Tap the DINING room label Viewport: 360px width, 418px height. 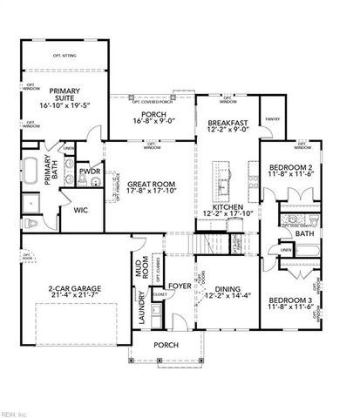(x=227, y=294)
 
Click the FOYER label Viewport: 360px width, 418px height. (x=180, y=286)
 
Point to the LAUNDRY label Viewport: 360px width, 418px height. (x=142, y=313)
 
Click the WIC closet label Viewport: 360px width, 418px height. (x=80, y=210)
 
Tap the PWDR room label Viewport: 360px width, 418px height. (x=89, y=172)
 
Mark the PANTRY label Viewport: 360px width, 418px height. (x=272, y=120)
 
